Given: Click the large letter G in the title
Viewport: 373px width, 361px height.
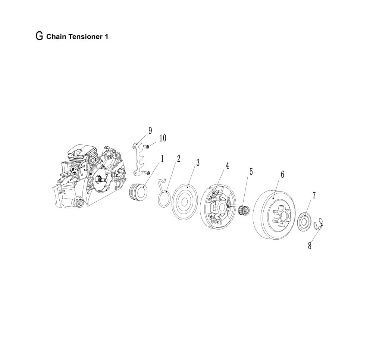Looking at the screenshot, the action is [x=39, y=36].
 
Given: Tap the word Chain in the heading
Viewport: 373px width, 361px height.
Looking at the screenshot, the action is [x=57, y=37].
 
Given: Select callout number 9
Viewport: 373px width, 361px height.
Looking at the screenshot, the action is [x=150, y=131].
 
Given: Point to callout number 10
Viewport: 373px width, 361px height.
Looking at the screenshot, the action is [x=163, y=138].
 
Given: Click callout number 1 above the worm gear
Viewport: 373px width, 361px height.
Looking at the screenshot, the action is [x=162, y=159].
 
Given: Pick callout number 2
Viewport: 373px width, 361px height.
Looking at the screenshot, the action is [x=178, y=159].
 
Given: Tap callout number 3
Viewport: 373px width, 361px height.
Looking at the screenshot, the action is [x=197, y=163].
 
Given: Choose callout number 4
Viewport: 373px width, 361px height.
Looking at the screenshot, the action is [x=227, y=165].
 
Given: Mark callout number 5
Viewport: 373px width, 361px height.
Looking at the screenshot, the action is [x=251, y=171].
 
